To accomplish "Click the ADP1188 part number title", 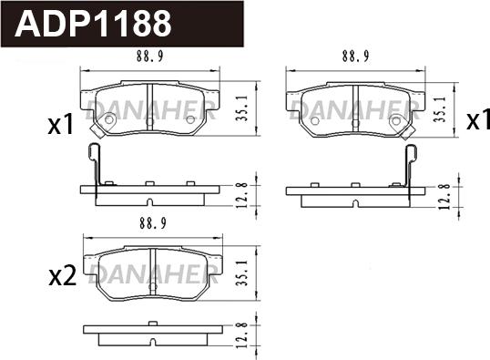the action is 93,23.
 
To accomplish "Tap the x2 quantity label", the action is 63,276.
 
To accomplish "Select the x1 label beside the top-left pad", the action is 61,124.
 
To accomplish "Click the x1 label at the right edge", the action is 478,119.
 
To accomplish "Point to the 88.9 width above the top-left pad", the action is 149,57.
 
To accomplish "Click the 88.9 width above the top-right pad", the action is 355,57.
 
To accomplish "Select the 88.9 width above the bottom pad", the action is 153,223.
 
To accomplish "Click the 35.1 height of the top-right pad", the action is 441,108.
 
